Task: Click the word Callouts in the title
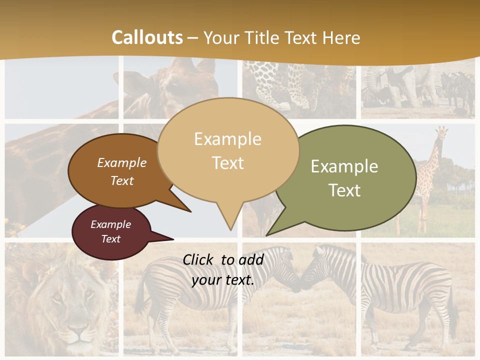(147, 37)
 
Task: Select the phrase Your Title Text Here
(282, 37)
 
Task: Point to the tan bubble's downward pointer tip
(230, 229)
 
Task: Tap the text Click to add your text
(223, 269)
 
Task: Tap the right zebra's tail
(453, 310)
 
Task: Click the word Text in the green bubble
(344, 190)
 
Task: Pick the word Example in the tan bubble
(227, 138)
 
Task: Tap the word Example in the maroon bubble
(110, 224)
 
